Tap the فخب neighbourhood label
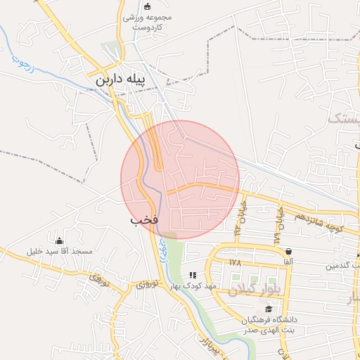tap(143, 220)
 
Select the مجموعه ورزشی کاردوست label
tap(148, 22)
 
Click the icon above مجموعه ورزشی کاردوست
tap(147, 6)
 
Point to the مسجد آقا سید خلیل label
tap(59, 251)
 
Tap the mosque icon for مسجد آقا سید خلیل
tap(59, 240)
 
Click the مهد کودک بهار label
tap(191, 286)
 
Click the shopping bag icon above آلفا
tap(288, 251)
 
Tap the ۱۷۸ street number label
tap(235, 262)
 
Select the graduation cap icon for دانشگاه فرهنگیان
tap(268, 309)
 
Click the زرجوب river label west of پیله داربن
tap(23, 65)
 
